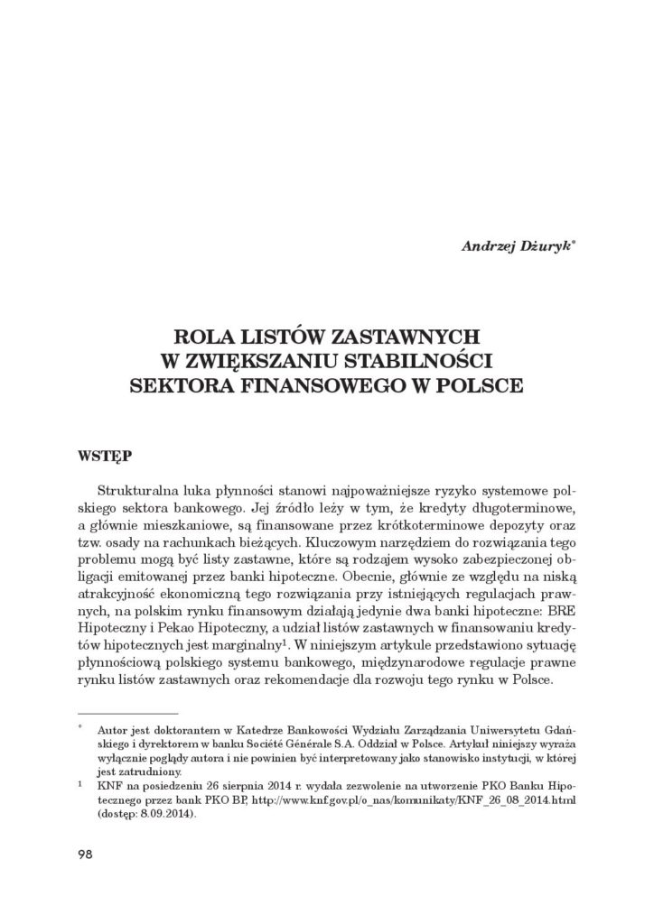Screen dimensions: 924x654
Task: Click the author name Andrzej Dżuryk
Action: coord(519,245)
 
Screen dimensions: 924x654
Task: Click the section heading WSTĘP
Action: coord(102,453)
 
